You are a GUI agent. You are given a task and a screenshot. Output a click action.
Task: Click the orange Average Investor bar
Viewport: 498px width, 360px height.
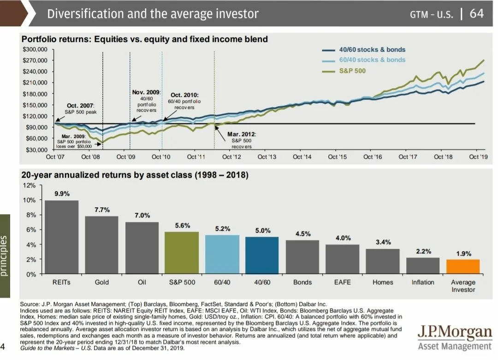(462, 267)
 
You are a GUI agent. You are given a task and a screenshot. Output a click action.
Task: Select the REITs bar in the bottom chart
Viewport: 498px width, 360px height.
(62, 237)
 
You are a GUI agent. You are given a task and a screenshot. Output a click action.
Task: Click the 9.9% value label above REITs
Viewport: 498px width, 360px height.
(62, 194)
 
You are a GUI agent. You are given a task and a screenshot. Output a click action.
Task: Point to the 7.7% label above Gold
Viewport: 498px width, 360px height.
(102, 210)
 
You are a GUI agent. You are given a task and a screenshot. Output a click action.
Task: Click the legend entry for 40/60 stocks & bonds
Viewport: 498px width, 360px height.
(372, 50)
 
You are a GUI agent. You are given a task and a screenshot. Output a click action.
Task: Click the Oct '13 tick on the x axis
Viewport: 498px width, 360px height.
(267, 157)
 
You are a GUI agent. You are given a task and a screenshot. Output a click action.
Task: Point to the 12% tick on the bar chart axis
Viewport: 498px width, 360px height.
(29, 186)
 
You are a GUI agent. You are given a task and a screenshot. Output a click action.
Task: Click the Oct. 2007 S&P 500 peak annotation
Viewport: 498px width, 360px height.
(80, 109)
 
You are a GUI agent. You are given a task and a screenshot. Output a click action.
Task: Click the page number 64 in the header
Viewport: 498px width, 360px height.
(477, 14)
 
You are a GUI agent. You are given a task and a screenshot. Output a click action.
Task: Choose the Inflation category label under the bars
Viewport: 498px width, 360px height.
(422, 282)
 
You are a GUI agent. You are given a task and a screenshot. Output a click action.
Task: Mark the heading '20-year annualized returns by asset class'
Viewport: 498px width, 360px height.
(135, 175)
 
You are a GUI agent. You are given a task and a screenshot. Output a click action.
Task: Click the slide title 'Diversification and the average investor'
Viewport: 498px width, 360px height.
(153, 14)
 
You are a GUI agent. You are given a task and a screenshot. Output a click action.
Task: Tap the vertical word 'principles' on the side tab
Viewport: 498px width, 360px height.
(4, 256)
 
